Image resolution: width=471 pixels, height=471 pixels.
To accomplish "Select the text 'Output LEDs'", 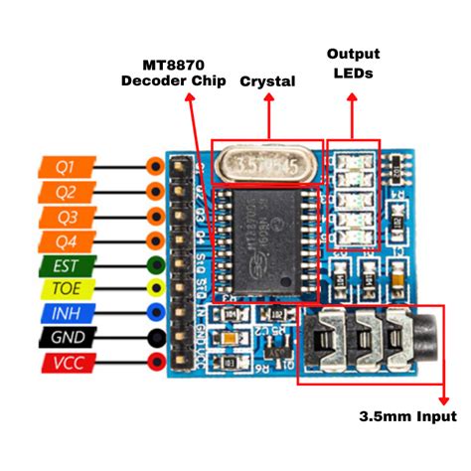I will pos(352,66).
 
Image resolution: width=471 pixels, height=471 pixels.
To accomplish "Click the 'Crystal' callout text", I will pos(267,81).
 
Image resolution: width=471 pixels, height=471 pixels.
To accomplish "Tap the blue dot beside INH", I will pos(154,314).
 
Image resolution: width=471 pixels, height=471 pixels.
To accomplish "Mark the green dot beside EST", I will pos(154,265).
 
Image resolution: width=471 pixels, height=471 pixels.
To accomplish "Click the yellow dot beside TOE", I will pos(154,289).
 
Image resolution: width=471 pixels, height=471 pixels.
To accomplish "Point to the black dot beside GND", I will pos(154,339).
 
